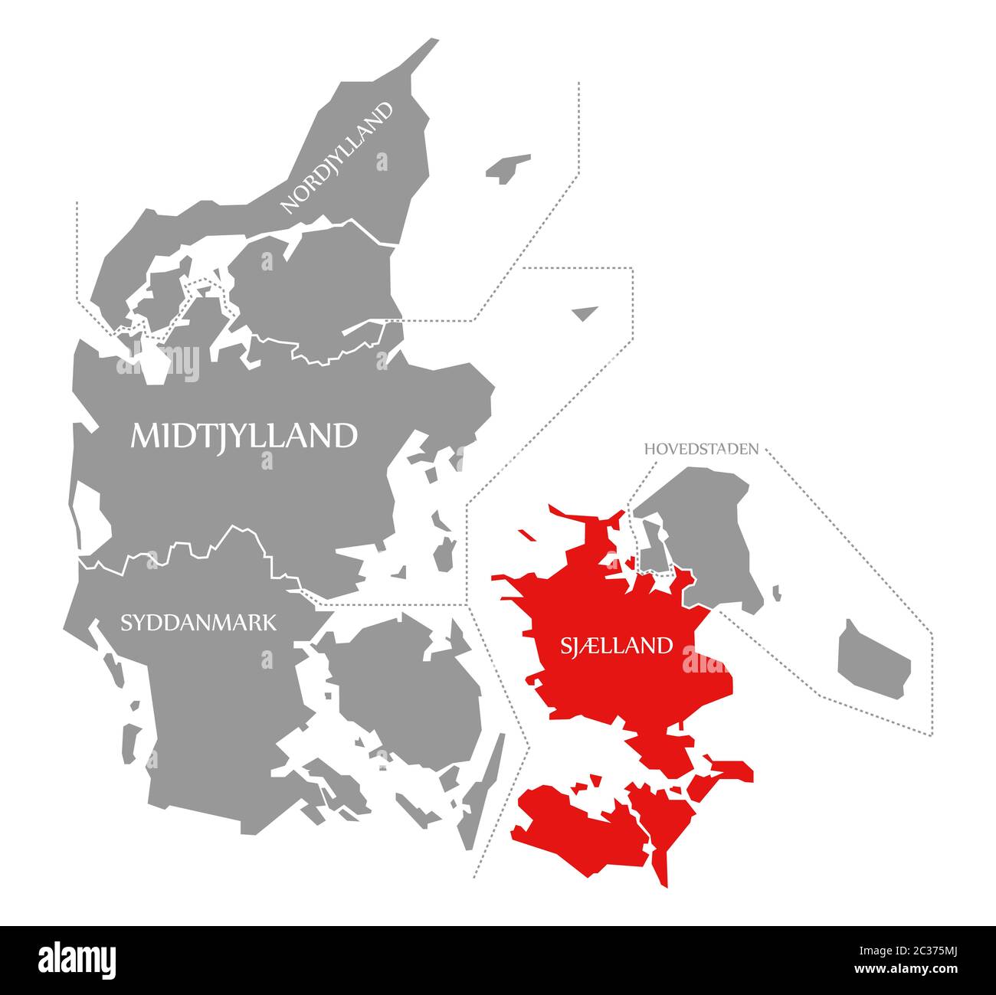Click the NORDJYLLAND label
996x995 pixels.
(x=338, y=157)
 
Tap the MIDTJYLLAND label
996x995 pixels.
(x=244, y=435)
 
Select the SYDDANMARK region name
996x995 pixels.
(x=198, y=622)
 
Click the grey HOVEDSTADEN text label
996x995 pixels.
(x=702, y=449)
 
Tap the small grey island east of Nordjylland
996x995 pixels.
(x=507, y=168)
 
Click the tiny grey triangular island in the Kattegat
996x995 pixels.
(x=585, y=312)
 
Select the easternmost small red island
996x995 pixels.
(x=732, y=770)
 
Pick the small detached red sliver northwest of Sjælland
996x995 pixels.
(x=526, y=534)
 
